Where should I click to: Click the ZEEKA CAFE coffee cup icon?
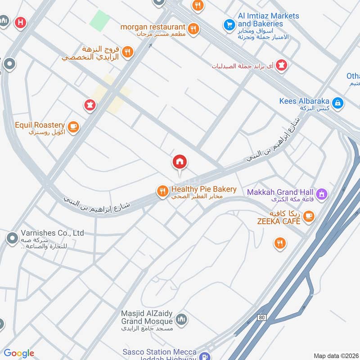pos(308,216)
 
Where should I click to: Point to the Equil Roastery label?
pos(40,125)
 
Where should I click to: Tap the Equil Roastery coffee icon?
pos(73,127)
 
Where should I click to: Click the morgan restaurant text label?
pos(153,27)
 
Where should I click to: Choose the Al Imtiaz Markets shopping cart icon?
pos(229,24)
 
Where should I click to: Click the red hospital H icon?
pos(20,22)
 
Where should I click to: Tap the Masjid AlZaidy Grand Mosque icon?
pos(181,319)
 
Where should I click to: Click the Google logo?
pos(19,354)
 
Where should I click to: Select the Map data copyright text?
pos(335,355)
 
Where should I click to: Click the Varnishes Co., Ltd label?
pos(52,233)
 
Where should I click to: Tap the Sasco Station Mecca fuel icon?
pos(204,355)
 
